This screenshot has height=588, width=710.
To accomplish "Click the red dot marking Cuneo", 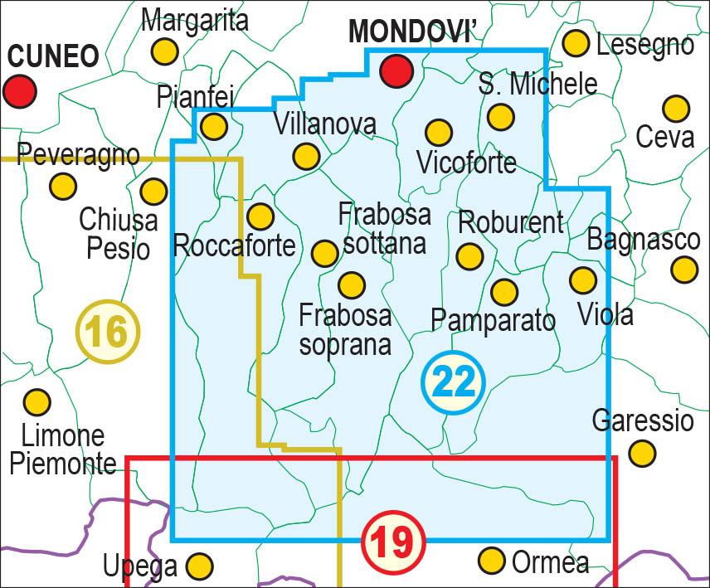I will point(20,90).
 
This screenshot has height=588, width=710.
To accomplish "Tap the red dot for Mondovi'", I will point(396,70).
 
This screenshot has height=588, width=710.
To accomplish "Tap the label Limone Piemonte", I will point(62,449).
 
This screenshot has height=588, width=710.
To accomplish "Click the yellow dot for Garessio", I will point(642,453).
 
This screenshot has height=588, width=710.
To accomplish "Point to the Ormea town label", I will point(550,562).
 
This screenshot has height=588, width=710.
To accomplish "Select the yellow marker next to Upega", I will point(199,566).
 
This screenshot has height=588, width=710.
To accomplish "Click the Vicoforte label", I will point(466,162).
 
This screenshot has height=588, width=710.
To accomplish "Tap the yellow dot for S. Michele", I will point(500,117).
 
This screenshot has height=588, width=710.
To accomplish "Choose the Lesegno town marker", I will point(576,43).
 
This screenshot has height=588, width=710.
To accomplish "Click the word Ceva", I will point(664,136).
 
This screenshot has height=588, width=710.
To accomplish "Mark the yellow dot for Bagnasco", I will point(684,269).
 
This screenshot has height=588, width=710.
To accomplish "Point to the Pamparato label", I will point(493,320).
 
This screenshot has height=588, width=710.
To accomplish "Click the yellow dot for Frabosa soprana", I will point(352,285).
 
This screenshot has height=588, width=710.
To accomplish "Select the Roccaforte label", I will point(234,245).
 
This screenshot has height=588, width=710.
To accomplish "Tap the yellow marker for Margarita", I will point(165,51).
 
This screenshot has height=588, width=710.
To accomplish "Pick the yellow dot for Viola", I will point(583,280).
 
